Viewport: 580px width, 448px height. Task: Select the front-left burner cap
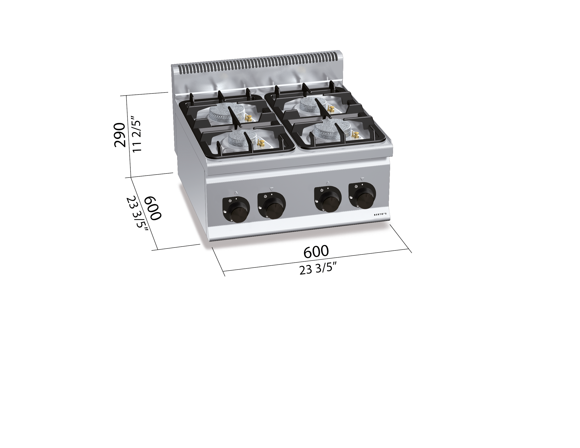242,138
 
